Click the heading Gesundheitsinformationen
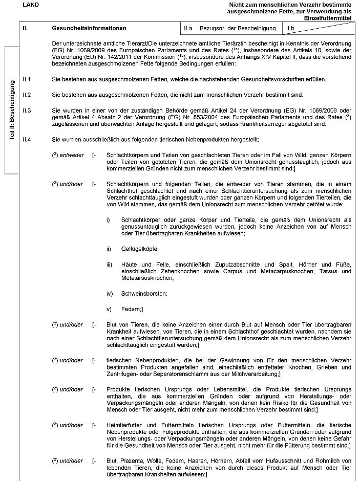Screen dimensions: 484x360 coord(89,27)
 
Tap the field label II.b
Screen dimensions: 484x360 coord(290,27)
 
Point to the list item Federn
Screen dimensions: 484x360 coord(133,309)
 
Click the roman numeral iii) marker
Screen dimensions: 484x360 coord(109,264)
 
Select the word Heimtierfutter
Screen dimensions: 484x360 coord(125,425)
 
